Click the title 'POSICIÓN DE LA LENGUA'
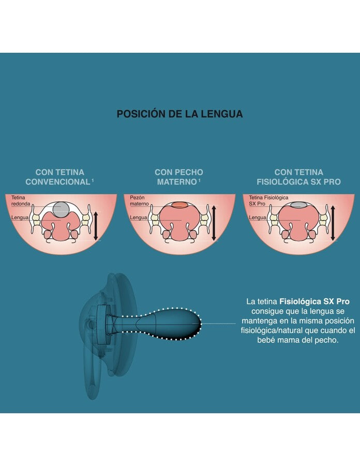(179, 114)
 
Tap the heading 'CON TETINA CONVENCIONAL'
(59, 177)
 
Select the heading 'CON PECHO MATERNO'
(179, 177)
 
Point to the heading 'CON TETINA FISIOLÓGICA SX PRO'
(298, 177)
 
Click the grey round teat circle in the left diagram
(61, 209)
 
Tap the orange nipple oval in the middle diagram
(180, 205)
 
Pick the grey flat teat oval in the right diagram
(298, 205)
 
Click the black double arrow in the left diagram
(96, 226)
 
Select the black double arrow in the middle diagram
(214, 223)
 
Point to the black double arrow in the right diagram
(333, 223)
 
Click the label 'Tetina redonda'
(21, 200)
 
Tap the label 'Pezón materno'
(139, 200)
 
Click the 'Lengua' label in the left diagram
(20, 217)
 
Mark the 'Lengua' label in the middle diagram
(138, 217)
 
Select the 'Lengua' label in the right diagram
(257, 217)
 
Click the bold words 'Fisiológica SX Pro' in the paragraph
(314, 302)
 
